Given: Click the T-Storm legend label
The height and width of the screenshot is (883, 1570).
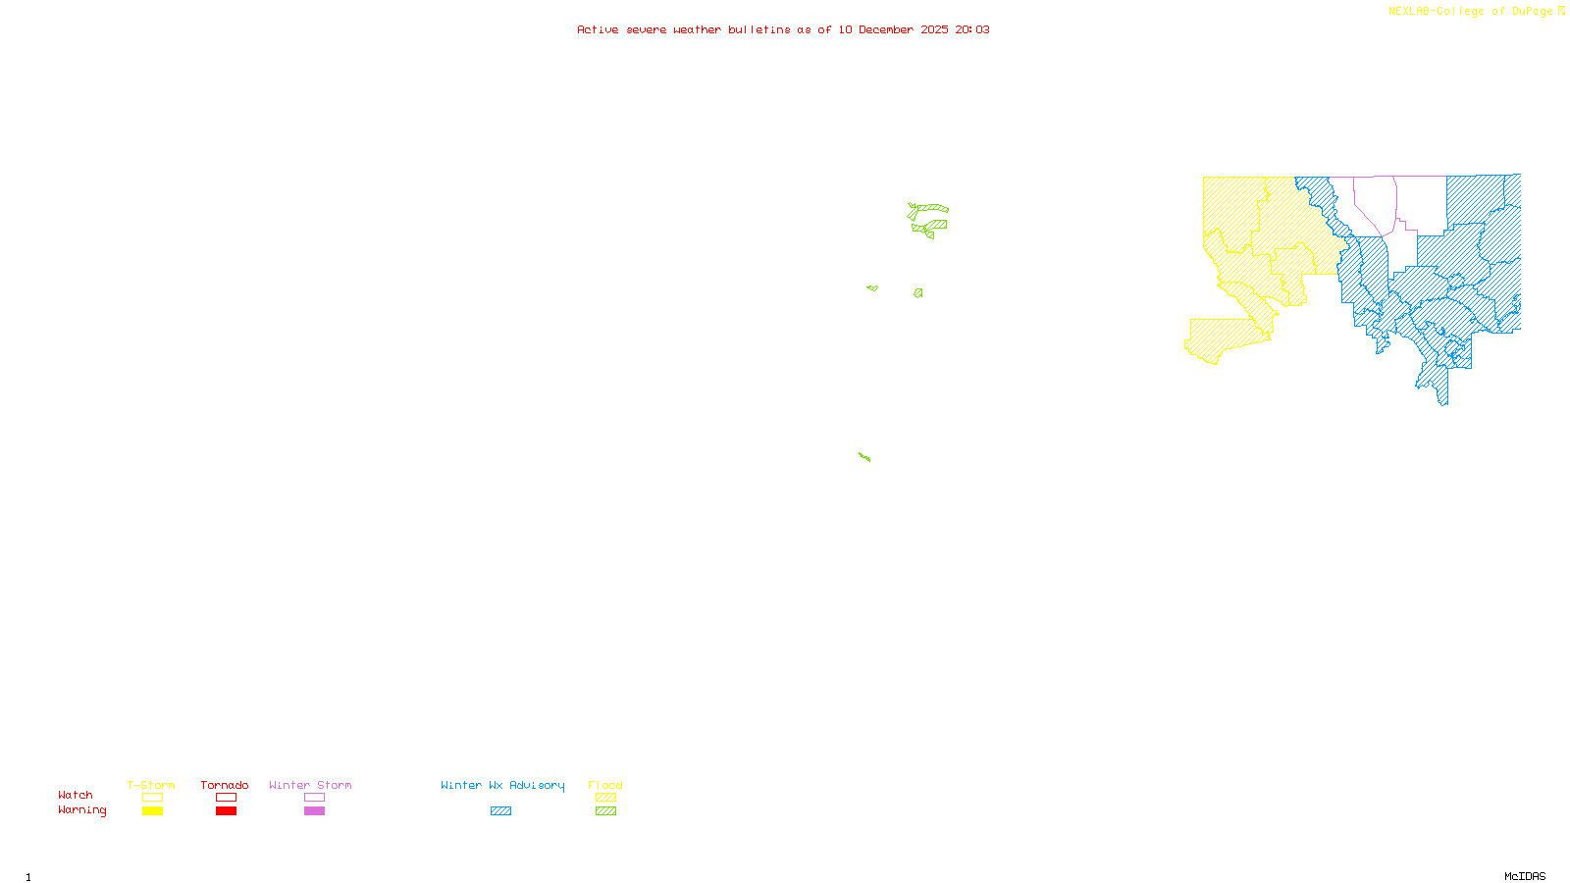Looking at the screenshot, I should [x=151, y=785].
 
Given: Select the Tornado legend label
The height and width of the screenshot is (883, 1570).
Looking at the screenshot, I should [x=225, y=785].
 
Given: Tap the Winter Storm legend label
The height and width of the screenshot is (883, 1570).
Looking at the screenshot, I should [x=310, y=785].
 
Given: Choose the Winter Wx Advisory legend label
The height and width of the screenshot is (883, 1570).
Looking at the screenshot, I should [x=502, y=785].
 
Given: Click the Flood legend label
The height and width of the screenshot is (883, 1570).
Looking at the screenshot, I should [x=605, y=785].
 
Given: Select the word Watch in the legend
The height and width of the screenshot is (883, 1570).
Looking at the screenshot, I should [x=76, y=795].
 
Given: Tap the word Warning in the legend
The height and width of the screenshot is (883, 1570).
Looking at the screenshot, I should [x=81, y=810].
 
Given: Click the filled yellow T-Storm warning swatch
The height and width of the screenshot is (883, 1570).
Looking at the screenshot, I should [x=152, y=811].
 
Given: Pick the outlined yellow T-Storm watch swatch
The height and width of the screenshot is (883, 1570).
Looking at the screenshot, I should [x=152, y=798].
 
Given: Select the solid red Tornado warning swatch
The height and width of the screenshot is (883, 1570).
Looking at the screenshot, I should [x=227, y=811].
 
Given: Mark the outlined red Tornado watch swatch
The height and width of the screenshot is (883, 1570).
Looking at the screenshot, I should [x=227, y=798].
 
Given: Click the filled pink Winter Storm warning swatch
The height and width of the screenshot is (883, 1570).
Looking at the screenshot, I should [x=314, y=811].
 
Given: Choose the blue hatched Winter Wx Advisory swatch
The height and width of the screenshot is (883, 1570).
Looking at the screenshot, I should [x=500, y=811].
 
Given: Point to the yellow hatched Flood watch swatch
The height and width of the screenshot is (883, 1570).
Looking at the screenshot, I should [x=606, y=798].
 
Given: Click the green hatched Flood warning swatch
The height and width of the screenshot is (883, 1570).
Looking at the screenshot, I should [x=606, y=811].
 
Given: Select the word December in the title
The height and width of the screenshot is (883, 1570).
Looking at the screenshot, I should [x=886, y=29].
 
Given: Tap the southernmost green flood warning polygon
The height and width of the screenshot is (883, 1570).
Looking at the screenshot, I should [x=864, y=456].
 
